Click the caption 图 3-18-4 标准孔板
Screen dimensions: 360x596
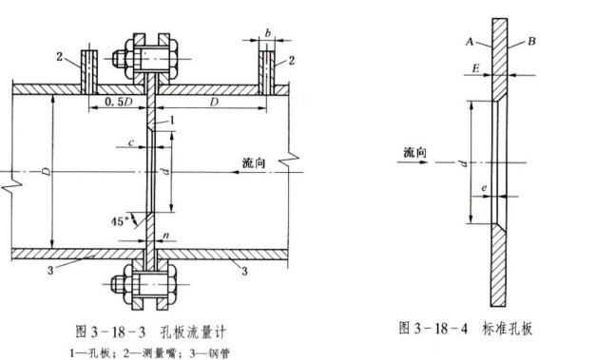click(x=466, y=329)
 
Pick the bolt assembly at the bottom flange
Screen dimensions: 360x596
click(x=150, y=286)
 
